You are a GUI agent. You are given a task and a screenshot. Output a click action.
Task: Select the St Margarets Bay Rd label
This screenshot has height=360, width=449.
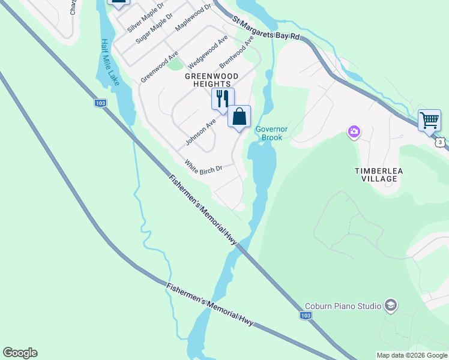[266, 29]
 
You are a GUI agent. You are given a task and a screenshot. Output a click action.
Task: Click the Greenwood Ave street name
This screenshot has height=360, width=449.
[160, 66]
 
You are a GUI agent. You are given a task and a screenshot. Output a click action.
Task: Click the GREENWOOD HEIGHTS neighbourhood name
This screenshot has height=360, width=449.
[211, 80]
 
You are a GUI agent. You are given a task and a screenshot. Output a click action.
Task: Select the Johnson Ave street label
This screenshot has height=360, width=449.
[200, 132]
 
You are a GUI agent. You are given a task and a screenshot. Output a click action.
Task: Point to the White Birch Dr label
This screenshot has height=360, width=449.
[203, 166]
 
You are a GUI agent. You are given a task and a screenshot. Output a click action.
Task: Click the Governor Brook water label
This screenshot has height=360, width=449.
[272, 133]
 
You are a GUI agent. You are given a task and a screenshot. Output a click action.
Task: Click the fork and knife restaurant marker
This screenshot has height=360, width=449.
[223, 99]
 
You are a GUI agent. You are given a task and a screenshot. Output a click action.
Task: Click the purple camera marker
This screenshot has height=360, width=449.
[354, 131]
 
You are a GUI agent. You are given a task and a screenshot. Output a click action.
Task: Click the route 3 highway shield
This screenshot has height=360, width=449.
[441, 142]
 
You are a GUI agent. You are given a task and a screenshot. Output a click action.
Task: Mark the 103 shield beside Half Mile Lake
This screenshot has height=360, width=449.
[101, 103]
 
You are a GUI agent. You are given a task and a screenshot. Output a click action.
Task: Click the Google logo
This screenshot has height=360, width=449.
[20, 353]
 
